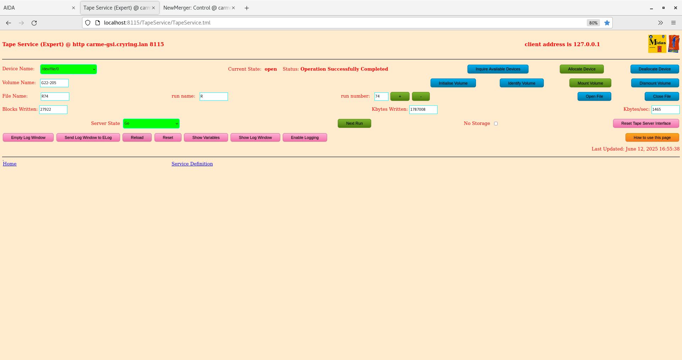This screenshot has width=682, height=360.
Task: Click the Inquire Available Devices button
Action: (x=498, y=69)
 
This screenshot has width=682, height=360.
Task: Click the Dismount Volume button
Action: (x=655, y=83)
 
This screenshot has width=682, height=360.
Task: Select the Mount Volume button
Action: (x=590, y=83)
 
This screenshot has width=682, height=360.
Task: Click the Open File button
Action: (x=594, y=97)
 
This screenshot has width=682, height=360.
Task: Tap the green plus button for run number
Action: (x=400, y=97)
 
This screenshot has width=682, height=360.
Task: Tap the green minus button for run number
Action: (x=421, y=97)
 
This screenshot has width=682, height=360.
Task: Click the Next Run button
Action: (x=354, y=124)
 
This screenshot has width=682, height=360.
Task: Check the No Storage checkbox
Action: (x=496, y=124)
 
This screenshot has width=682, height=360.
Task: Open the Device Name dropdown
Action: (x=68, y=69)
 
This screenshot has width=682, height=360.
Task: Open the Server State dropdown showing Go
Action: (x=151, y=124)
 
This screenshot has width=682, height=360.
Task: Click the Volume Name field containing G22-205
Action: (x=54, y=83)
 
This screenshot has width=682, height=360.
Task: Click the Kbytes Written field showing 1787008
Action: (x=423, y=110)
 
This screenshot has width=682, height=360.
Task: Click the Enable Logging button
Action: (x=304, y=138)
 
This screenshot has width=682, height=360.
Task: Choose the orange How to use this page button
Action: (x=652, y=138)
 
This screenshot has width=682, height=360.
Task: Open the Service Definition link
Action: (x=192, y=164)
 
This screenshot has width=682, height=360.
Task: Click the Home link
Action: (x=10, y=164)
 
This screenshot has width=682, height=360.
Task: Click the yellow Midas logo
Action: (x=657, y=44)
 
